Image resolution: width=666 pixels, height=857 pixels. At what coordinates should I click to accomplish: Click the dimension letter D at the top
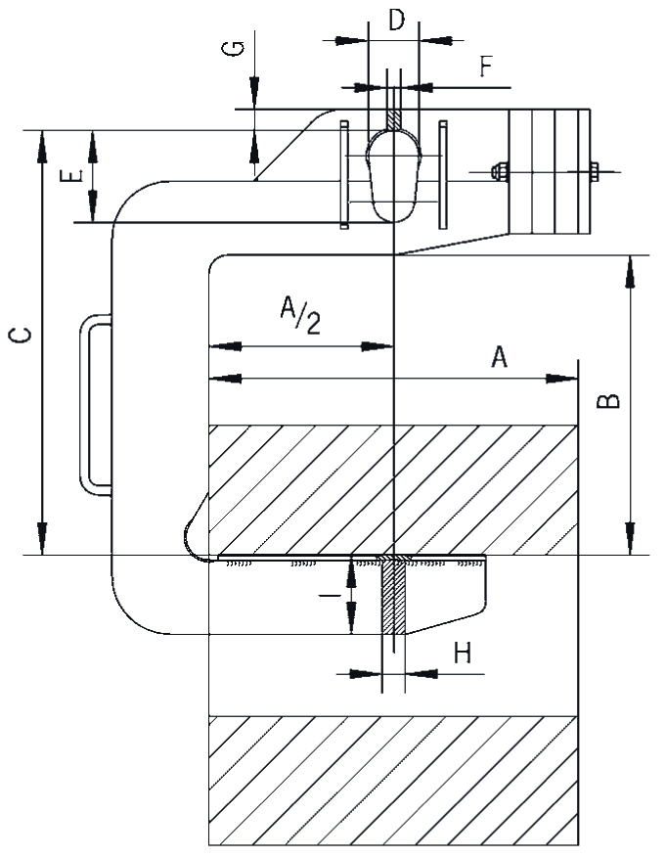(x=397, y=21)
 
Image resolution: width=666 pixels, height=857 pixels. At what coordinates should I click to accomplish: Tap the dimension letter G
(x=233, y=49)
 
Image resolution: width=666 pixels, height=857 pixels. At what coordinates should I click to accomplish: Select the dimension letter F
(x=486, y=68)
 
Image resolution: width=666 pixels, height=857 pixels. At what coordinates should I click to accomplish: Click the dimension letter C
(x=22, y=336)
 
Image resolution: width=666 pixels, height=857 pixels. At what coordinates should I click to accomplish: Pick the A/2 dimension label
(x=300, y=314)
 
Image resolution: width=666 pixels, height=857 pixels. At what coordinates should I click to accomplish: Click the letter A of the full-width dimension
(x=500, y=357)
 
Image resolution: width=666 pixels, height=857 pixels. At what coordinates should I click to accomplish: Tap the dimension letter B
(x=607, y=401)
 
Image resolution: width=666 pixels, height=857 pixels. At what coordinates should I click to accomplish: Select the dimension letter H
(x=463, y=653)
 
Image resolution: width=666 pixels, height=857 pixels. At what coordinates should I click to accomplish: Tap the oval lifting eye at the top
(x=393, y=175)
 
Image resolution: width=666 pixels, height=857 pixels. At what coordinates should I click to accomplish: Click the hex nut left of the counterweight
(x=499, y=171)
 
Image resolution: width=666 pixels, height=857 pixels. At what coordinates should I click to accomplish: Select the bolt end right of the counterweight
(x=594, y=171)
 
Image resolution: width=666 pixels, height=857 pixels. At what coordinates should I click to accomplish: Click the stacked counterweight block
(x=549, y=172)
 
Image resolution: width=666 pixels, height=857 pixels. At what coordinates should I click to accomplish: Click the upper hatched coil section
(x=393, y=490)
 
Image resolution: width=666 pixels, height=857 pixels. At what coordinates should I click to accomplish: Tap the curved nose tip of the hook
(x=189, y=538)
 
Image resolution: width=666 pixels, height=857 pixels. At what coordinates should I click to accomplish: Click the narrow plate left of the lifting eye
(x=344, y=174)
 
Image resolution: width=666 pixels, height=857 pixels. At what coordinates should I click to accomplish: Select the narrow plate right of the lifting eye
(x=443, y=174)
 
